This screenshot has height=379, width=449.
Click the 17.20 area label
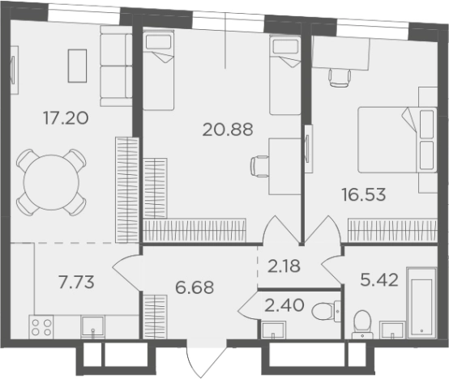pyautogui.click(x=66, y=118)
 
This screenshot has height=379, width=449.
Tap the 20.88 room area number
pyautogui.click(x=228, y=130)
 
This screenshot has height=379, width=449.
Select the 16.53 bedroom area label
pyautogui.click(x=364, y=194)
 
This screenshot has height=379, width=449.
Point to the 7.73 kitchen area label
pyautogui.click(x=76, y=282)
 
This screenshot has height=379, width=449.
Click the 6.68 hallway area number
pyautogui.click(x=195, y=287)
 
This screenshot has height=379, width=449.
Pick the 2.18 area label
pyautogui.click(x=284, y=266)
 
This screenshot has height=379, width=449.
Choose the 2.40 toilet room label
pyautogui.click(x=284, y=305)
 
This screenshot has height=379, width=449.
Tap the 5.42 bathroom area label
pyautogui.click(x=379, y=280)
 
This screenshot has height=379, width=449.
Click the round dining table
pyautogui.click(x=51, y=182)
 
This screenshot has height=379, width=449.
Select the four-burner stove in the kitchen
pyautogui.click(x=41, y=327)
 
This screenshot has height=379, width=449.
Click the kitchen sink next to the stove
pyautogui.click(x=92, y=327)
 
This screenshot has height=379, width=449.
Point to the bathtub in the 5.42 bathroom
pyautogui.click(x=421, y=303)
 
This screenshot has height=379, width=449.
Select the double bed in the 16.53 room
pyautogui.click(x=397, y=140)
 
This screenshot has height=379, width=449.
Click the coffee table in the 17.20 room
pyautogui.click(x=77, y=66)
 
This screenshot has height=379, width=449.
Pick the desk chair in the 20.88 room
pyautogui.click(x=259, y=167)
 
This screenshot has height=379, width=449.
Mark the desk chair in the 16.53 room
pyautogui.click(x=340, y=78)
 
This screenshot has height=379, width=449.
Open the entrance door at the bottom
pyautogui.click(x=207, y=359)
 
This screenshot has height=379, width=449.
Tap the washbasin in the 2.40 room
pyautogui.click(x=273, y=330)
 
